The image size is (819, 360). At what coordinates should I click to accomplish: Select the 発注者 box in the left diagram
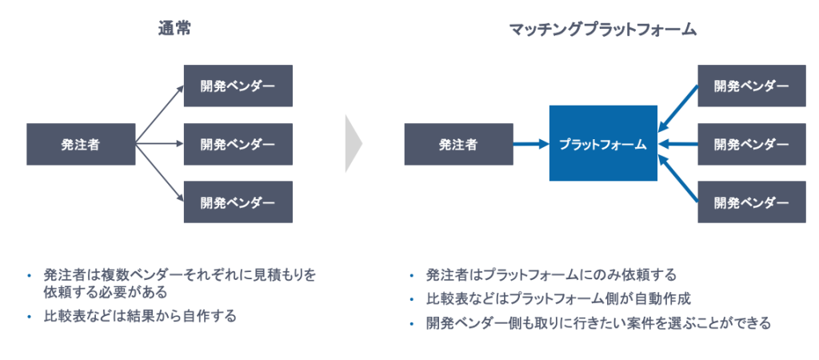point(80,145)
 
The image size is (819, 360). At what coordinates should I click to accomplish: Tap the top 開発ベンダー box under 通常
point(238,86)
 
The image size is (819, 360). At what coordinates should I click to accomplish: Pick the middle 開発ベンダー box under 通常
point(238,145)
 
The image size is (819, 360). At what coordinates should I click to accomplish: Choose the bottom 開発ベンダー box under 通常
point(238,202)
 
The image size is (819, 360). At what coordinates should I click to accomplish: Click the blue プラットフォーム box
point(602,144)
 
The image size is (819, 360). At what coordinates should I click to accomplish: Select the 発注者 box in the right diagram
point(458,145)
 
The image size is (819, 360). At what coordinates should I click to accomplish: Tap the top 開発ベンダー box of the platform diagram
point(751,86)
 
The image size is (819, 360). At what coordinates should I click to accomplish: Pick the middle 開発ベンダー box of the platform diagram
point(751,145)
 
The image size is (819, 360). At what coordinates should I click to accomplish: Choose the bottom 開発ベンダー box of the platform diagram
point(751,202)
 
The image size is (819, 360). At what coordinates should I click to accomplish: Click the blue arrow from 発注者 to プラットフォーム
point(530,145)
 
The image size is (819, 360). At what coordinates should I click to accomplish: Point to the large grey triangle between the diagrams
point(353,144)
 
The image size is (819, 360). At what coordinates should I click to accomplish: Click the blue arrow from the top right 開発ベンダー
point(678,106)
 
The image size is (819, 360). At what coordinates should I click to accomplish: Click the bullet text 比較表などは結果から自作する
point(141,315)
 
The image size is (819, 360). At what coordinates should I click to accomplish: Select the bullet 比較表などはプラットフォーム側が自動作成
point(558,299)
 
